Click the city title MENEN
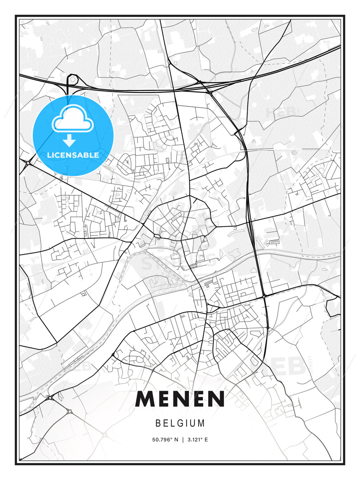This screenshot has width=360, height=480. pos(180,399)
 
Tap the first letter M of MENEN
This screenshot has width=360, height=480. pos(145,399)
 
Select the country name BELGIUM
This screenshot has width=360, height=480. pos(180,423)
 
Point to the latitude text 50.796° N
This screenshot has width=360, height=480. pos(165,440)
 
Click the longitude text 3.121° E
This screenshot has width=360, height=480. pos(198,440)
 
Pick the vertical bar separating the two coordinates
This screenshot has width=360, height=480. pos(183,440)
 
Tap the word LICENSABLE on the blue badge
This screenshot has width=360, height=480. pos(73,155)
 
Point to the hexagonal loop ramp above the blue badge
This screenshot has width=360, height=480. pos(73,80)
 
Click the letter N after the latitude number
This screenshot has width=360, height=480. pos(177,440)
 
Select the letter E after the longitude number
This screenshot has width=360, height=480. pos(206,440)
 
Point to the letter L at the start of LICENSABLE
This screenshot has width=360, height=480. pos(49,155)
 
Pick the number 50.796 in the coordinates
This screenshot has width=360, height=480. pos(162,440)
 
